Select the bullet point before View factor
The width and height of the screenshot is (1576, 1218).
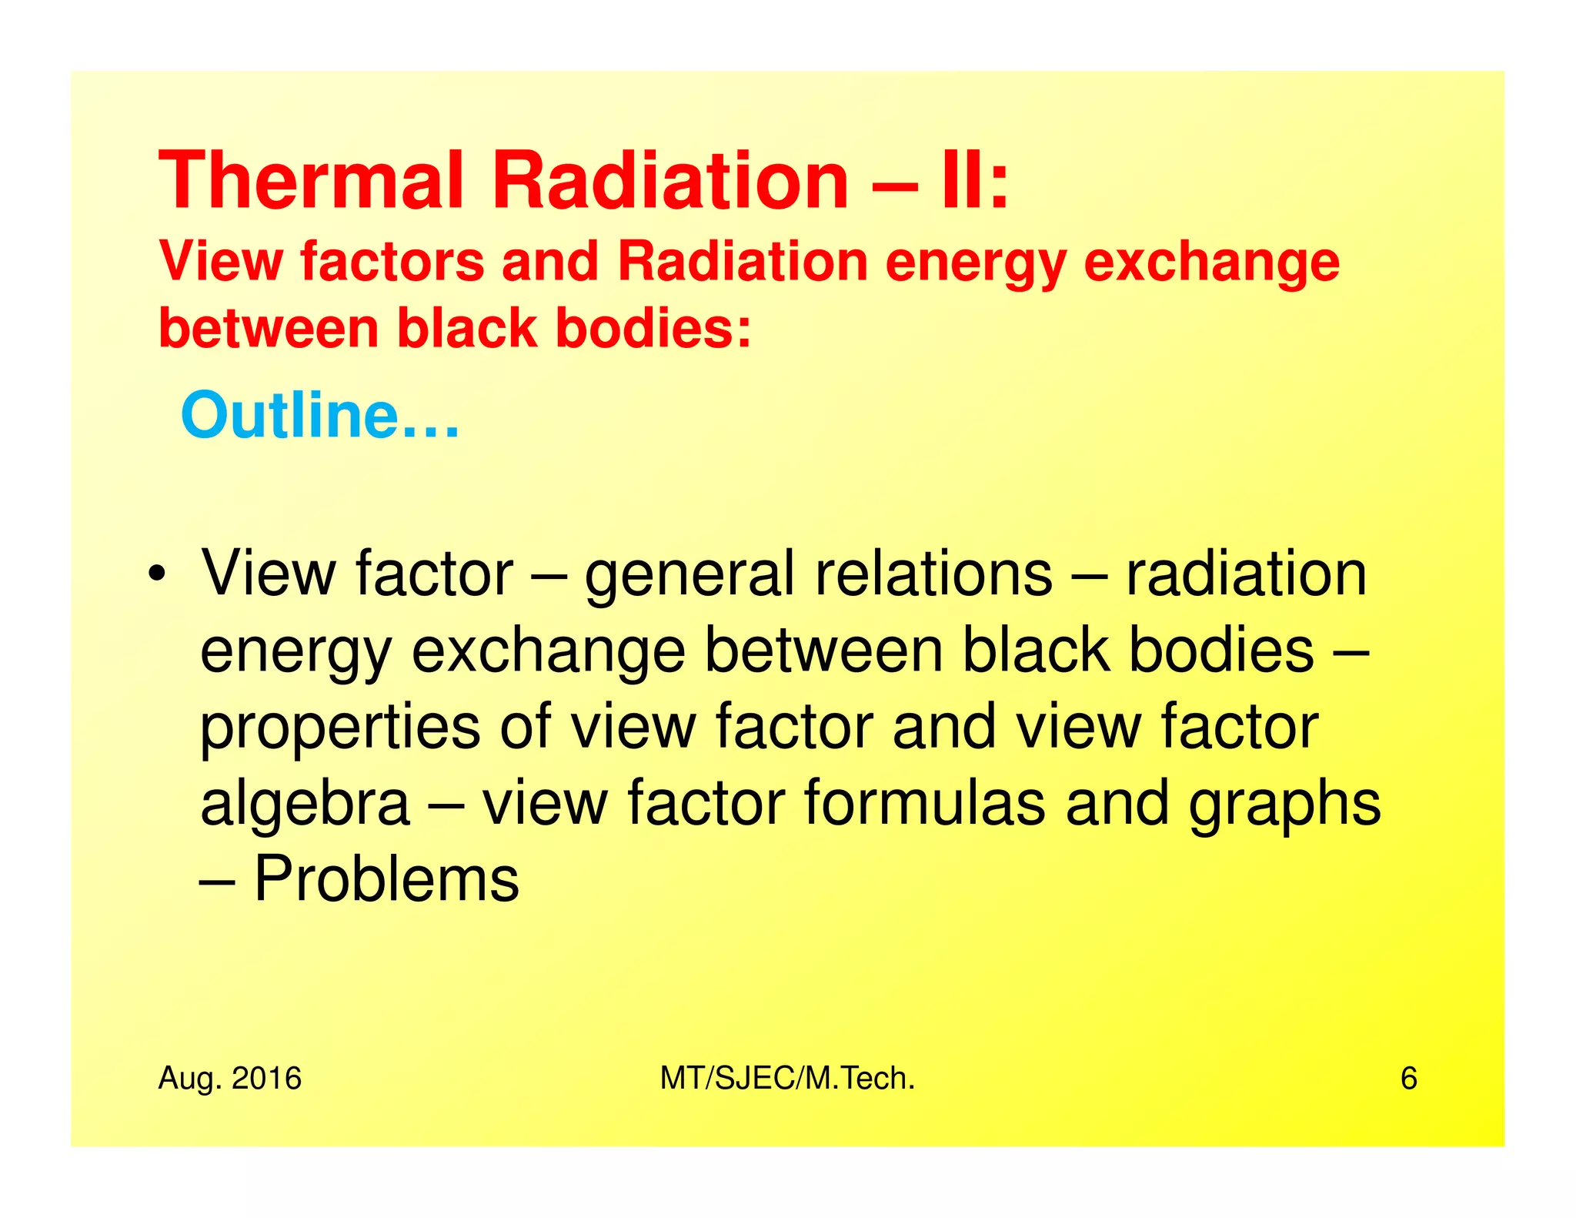click(x=157, y=574)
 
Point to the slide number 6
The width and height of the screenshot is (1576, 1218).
click(x=1408, y=1079)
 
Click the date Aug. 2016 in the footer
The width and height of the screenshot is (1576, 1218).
click(x=229, y=1079)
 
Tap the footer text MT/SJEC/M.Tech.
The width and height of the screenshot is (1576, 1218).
click(x=787, y=1079)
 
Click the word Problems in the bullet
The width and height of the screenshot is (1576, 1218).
click(x=386, y=878)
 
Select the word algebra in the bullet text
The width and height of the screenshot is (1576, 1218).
click(x=305, y=802)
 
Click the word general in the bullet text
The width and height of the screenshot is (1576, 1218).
click(x=689, y=576)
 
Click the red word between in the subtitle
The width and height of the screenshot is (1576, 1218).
click(x=269, y=328)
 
